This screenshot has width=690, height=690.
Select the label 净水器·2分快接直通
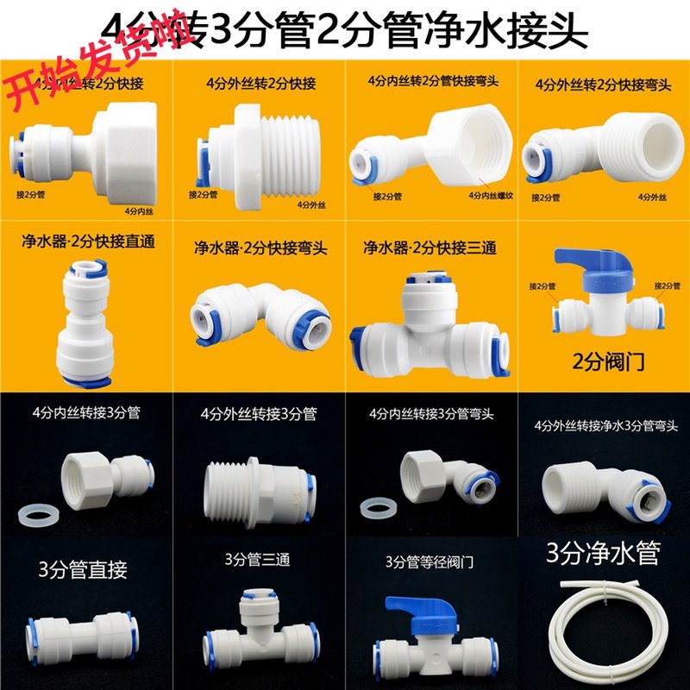[x=87, y=241]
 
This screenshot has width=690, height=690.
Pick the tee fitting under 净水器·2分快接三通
[x=427, y=323]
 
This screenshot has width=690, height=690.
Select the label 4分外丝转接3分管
[x=259, y=414]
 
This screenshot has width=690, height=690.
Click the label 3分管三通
[x=257, y=560]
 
